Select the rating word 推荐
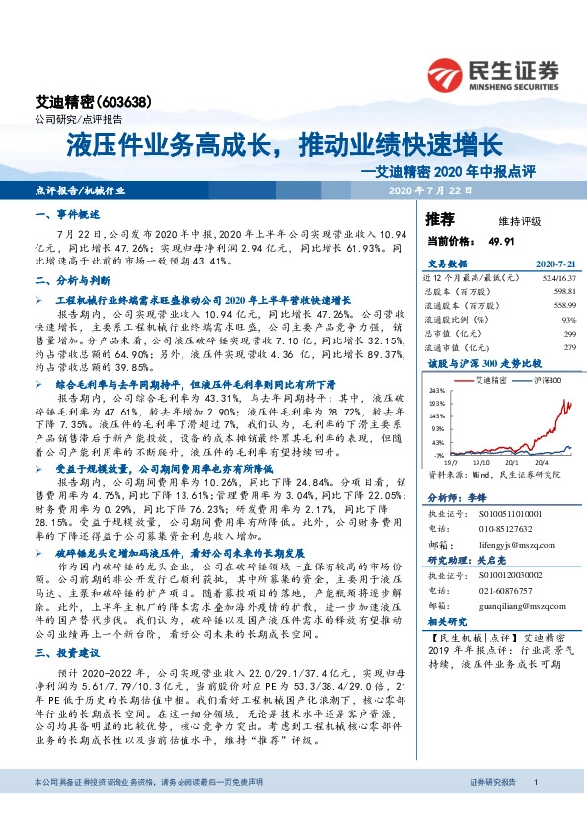click(440, 218)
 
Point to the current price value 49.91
click(502, 240)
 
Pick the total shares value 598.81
click(561, 292)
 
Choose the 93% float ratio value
click(567, 320)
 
